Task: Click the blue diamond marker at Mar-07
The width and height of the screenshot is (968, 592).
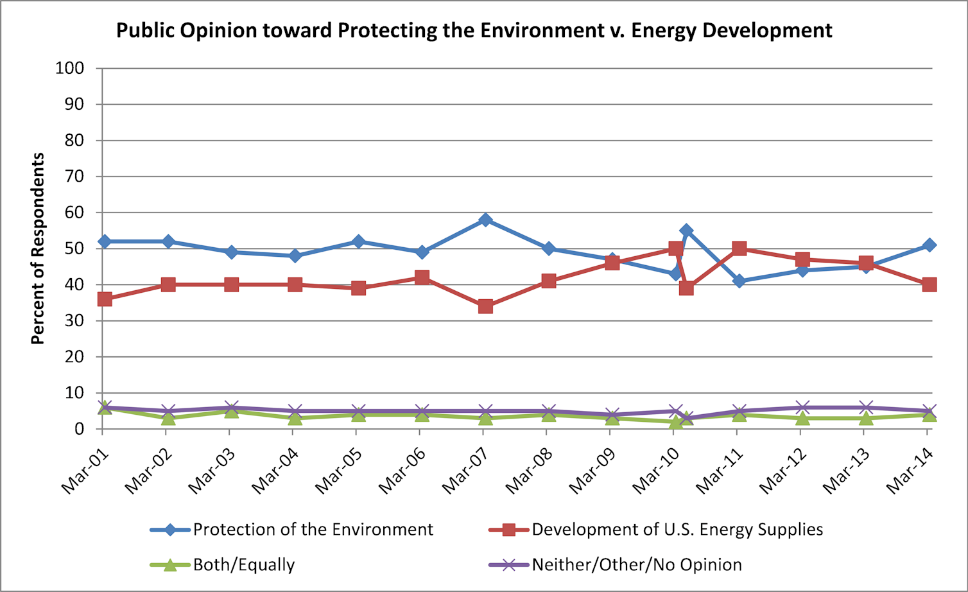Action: point(485,220)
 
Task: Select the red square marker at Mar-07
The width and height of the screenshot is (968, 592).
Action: point(485,306)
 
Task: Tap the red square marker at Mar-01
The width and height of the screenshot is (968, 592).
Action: point(105,299)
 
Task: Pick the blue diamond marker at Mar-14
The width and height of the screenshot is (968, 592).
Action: point(929,245)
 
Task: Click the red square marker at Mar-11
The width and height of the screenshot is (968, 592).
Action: point(739,248)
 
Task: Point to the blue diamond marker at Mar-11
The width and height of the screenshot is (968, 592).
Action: point(739,281)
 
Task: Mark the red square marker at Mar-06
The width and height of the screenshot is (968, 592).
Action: point(422,277)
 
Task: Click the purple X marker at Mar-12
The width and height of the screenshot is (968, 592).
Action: point(802,408)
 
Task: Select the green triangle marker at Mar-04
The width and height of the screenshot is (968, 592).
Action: point(295,418)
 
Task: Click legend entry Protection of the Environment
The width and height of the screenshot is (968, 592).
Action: point(313,530)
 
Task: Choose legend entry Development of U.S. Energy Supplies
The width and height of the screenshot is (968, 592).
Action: point(677,530)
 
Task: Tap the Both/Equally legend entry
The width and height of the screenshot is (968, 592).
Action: point(243,565)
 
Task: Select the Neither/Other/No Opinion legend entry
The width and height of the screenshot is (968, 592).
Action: point(636,565)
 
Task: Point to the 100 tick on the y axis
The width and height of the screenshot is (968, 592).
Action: point(71,68)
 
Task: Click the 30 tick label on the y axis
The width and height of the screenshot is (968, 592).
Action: point(75,320)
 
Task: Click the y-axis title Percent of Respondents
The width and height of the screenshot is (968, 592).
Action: point(38,248)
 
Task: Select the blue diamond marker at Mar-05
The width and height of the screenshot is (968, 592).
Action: point(359,241)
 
